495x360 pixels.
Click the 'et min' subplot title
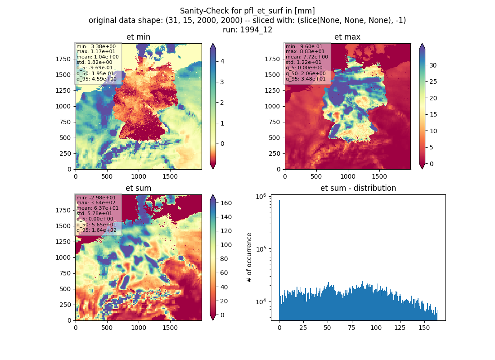(138, 37)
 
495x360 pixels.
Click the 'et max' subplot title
(347, 37)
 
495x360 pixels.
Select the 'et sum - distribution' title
(358, 188)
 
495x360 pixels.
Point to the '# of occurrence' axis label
(249, 258)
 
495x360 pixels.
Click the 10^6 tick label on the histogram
(261, 197)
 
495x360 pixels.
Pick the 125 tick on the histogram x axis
(400, 328)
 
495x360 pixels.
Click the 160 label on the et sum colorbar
(226, 203)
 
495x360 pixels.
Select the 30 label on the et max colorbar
(433, 65)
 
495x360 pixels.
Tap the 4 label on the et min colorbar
(222, 61)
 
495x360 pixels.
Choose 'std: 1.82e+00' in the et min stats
(94, 62)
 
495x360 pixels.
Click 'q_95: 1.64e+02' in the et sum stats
(96, 230)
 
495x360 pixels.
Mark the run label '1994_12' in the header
(256, 30)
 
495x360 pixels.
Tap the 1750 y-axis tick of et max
(272, 59)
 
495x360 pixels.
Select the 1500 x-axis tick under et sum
(170, 328)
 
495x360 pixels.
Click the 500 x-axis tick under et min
(107, 176)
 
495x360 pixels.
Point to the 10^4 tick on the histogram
(261, 301)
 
